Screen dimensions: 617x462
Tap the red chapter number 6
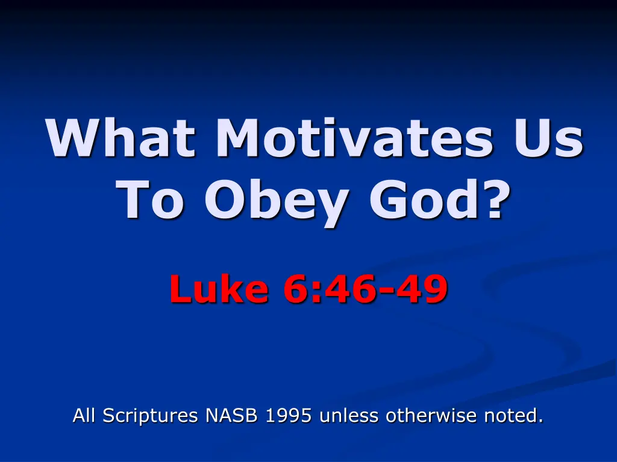(295, 289)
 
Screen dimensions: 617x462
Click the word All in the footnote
(84, 415)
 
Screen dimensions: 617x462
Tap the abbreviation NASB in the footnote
(231, 415)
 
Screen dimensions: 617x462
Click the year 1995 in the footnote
(289, 415)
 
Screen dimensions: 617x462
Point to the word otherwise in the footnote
(431, 415)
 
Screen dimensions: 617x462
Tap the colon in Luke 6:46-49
(315, 293)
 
